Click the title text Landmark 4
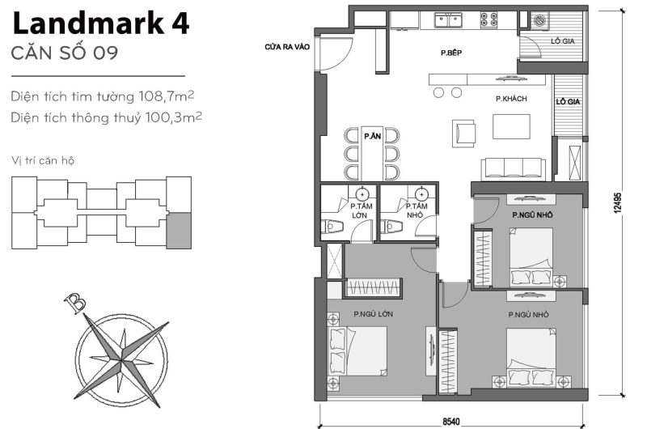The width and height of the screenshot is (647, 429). [101, 23]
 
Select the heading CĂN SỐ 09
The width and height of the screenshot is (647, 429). [66, 54]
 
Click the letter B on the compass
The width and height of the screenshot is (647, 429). [75, 303]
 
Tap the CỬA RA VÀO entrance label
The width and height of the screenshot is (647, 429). [282, 47]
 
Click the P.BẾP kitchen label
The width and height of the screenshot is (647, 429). [450, 53]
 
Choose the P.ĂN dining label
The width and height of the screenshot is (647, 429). [371, 136]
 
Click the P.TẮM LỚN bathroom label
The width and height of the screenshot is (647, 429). [360, 211]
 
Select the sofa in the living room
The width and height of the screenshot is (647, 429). [513, 168]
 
